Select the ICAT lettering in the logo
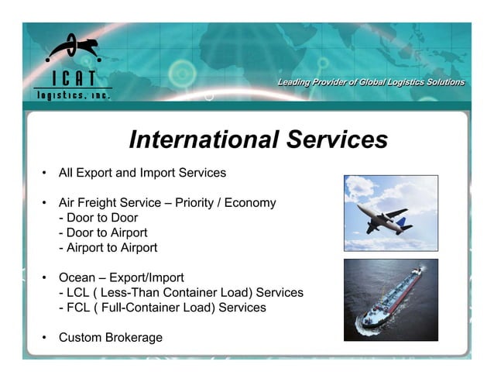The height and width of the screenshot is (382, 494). tap(73, 78)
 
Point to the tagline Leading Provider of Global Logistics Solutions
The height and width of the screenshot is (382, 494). tap(371, 82)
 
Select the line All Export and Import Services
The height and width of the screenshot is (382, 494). tap(142, 172)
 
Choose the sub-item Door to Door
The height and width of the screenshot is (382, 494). tap(98, 218)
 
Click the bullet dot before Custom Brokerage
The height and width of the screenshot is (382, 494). tap(44, 338)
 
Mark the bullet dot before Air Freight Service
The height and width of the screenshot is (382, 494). tap(44, 203)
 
